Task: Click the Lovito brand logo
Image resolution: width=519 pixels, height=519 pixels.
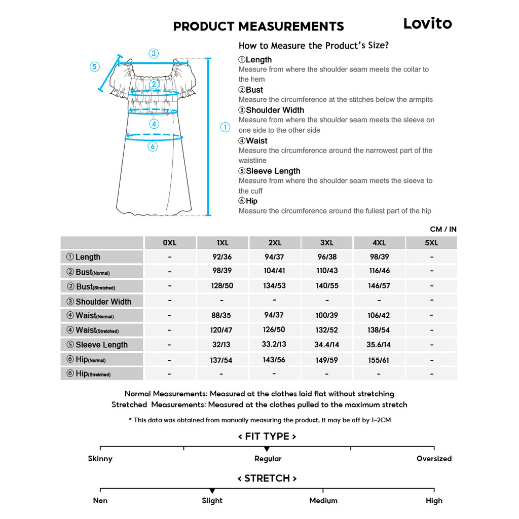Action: click(427, 23)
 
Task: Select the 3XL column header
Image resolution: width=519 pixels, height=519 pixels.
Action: click(327, 243)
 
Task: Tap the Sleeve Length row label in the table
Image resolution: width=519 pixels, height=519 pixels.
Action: click(101, 345)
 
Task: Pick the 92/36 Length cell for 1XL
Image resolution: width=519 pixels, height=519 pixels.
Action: click(222, 257)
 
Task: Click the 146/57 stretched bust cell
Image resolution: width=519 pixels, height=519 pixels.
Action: click(379, 286)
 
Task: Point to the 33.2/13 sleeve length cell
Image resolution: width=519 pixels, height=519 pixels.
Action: click(274, 344)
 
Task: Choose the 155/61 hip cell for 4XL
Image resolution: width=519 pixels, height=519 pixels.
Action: click(379, 360)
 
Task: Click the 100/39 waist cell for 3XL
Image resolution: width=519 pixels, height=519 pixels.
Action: click(327, 315)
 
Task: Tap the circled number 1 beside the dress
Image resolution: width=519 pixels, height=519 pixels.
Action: click(226, 128)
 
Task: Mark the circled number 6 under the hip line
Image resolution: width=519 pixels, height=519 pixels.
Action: click(153, 146)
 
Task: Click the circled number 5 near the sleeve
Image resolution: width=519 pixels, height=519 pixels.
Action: click(95, 67)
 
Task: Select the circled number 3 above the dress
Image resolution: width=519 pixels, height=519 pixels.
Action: click(154, 53)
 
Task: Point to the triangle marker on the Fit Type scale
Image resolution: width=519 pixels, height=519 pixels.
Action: click(267, 449)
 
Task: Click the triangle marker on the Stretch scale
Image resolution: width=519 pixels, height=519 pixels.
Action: click(212, 491)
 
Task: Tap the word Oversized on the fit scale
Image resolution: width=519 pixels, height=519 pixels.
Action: click(434, 459)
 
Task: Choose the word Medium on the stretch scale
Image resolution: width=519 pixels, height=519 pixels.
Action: click(323, 501)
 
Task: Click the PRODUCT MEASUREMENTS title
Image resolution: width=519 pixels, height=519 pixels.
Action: click(258, 26)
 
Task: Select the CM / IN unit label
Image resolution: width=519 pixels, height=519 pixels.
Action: click(443, 229)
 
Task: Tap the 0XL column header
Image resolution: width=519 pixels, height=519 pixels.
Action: click(170, 243)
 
